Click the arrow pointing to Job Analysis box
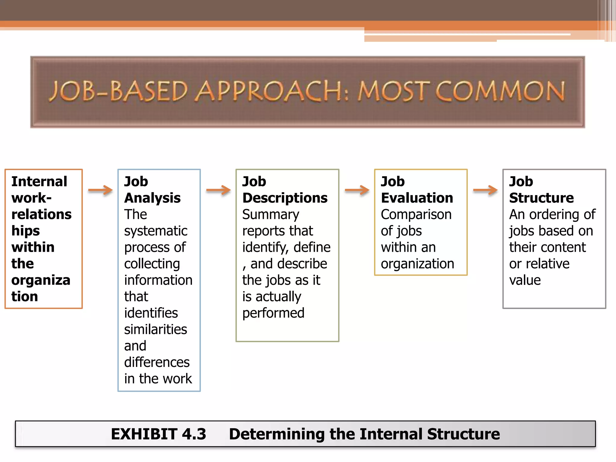[x=100, y=190]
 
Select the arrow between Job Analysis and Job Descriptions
[x=218, y=190]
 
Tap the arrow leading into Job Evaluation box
[x=357, y=190]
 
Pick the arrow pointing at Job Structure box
[x=485, y=190]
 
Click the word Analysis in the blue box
[x=152, y=198]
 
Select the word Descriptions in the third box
[x=285, y=198]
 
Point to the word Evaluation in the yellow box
[x=417, y=198]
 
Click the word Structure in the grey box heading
[x=541, y=198]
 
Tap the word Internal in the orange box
[x=39, y=181]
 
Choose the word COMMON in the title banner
[x=500, y=91]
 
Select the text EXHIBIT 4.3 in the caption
[x=159, y=434]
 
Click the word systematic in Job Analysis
[x=156, y=231]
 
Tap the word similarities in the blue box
[x=156, y=329]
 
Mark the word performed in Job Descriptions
[x=273, y=313]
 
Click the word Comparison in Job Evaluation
[x=416, y=214]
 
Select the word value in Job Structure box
[x=525, y=280]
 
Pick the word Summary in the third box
[x=271, y=214]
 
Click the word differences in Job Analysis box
[x=157, y=362]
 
